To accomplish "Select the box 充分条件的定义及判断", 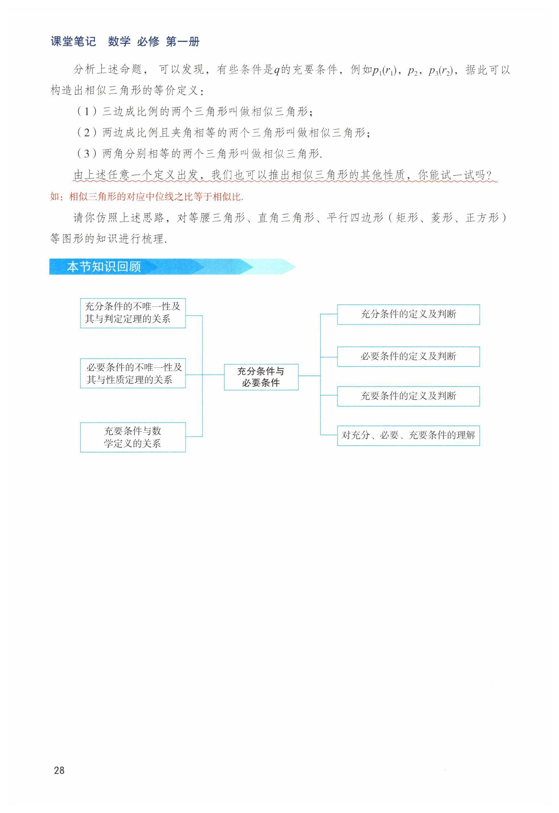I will pos(408,314).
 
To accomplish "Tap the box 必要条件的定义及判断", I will pos(408,356).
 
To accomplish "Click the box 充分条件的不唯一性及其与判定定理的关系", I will pos(133,313).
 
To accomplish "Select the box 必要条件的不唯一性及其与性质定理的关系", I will pos(133,373).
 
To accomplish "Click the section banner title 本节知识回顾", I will pos(104,267).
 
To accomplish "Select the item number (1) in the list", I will pos(87,111).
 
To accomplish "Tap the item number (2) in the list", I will pos(87,132).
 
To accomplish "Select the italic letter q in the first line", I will pos(277,70).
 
